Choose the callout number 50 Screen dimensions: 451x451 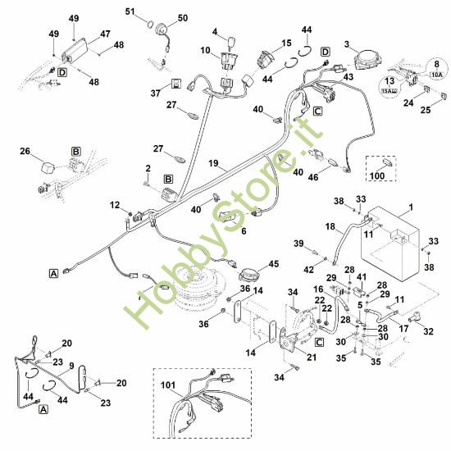tap(182, 17)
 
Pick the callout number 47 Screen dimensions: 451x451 tap(105, 34)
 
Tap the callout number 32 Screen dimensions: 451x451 tap(426, 331)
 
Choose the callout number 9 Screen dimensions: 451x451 tap(71, 366)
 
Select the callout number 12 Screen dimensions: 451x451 tap(115, 204)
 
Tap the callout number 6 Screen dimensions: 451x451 tap(242, 232)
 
